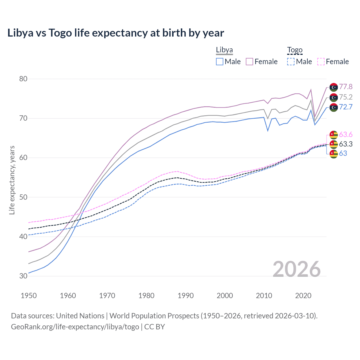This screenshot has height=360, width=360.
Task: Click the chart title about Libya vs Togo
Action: (x=116, y=33)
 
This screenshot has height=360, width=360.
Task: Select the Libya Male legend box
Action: (x=220, y=62)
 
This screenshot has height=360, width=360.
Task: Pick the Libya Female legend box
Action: (x=249, y=62)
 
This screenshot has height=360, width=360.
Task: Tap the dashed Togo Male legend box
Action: (x=291, y=62)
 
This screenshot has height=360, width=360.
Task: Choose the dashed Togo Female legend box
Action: (x=321, y=62)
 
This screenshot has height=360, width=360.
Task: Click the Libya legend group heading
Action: (x=224, y=50)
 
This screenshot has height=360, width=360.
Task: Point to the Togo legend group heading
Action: (x=294, y=50)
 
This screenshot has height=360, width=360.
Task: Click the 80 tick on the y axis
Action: (x=23, y=79)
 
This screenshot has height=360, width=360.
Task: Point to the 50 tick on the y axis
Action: (x=23, y=197)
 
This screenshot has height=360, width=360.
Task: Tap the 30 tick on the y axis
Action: (x=23, y=276)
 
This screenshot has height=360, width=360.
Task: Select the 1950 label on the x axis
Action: (x=29, y=296)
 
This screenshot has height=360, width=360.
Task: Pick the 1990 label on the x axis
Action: (x=186, y=296)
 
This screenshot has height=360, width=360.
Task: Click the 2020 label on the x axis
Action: (x=303, y=296)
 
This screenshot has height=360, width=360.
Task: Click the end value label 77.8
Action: (x=346, y=87)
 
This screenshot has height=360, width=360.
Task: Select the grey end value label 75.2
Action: (x=346, y=97)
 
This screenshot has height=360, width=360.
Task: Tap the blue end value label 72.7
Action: (x=346, y=107)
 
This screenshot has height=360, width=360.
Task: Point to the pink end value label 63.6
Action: (x=346, y=134)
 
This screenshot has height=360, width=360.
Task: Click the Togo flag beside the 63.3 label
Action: (x=334, y=144)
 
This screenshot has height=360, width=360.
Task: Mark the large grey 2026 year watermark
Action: (x=297, y=269)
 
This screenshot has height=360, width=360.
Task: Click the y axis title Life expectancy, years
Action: (x=12, y=180)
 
